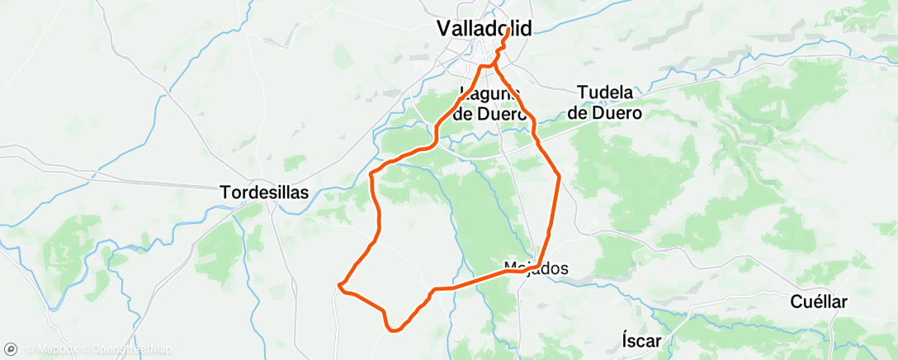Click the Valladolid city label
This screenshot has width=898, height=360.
(x=484, y=29)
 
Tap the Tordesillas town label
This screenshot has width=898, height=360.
(x=264, y=192)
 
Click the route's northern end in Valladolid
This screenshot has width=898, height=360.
(x=506, y=29)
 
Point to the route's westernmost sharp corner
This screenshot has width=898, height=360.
(x=339, y=286)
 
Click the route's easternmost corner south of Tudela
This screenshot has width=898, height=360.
(x=560, y=176)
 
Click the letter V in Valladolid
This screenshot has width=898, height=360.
(x=444, y=29)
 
